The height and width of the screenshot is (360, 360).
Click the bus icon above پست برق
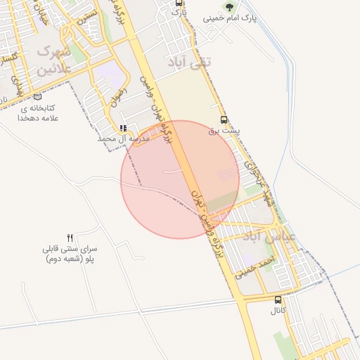tap(224, 120)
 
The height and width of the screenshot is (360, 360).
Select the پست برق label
tap(224, 131)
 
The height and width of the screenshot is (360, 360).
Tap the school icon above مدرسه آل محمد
tap(124, 129)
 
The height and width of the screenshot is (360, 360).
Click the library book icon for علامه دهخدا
tap(37, 97)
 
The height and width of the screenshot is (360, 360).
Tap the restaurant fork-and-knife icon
tap(70, 238)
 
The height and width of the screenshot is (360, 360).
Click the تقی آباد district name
tap(191, 63)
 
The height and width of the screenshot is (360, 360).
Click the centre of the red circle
tap(180, 179)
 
